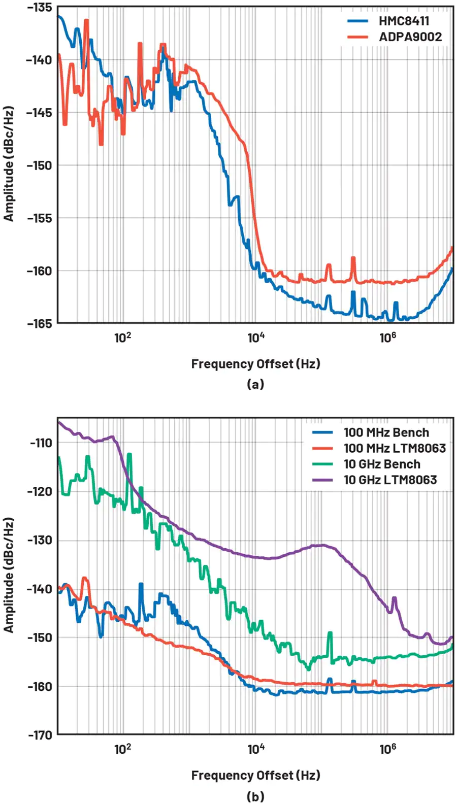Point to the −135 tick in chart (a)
40,7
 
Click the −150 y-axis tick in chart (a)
40,165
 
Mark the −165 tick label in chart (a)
40,323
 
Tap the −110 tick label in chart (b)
41,443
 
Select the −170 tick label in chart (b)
40,735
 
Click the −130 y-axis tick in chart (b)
40,540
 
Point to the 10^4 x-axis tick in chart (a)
255,337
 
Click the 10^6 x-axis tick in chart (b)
387,749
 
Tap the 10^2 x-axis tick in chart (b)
122,749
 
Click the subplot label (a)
255,384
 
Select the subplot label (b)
255,796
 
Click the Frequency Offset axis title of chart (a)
255,364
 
